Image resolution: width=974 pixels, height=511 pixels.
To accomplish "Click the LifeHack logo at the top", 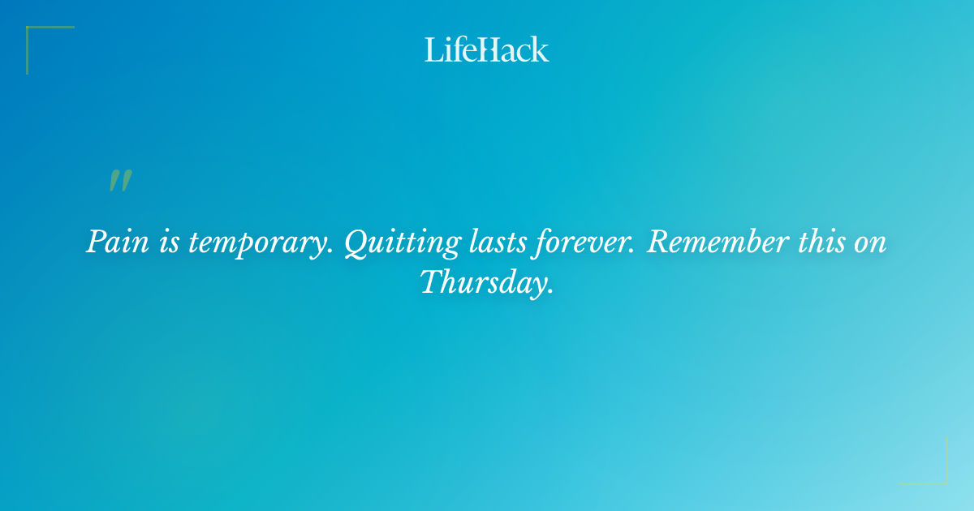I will pyautogui.click(x=487, y=50).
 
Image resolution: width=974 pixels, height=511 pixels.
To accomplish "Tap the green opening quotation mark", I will pyautogui.click(x=120, y=181).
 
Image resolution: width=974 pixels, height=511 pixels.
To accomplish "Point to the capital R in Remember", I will pyautogui.click(x=659, y=242).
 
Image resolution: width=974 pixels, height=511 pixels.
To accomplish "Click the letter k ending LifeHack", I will pyautogui.click(x=540, y=50).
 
